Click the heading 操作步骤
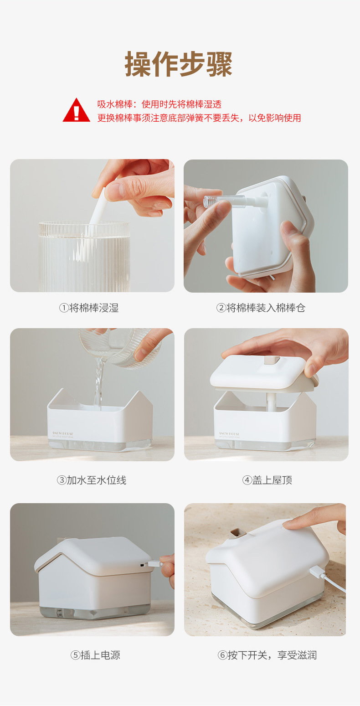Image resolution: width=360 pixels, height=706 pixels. (179, 64)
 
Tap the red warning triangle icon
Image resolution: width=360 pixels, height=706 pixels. (76, 111)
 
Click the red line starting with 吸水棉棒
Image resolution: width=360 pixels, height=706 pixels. (159, 104)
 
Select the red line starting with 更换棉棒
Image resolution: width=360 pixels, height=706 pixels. (199, 118)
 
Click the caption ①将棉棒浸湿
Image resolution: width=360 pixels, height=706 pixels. (89, 308)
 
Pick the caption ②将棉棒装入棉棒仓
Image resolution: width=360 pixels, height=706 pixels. (260, 308)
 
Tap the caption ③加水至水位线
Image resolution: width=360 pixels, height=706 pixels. (92, 480)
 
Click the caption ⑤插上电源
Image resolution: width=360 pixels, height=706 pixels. (95, 655)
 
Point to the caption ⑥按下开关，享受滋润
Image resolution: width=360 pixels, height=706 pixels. (267, 655)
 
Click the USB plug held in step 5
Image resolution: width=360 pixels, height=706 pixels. (154, 564)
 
